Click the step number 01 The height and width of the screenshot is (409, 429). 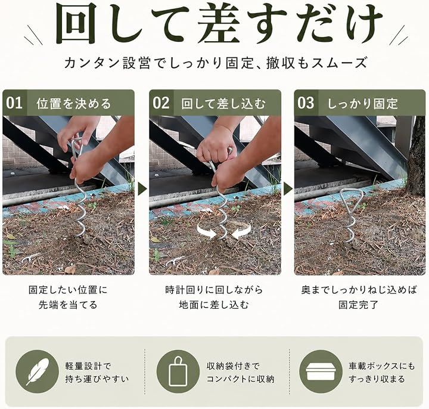point(14,103)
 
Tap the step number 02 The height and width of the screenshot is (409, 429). point(161,103)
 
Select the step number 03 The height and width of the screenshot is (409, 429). point(306,103)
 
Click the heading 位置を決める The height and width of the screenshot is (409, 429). point(74,104)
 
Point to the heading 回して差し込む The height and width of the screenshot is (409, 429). point(223,104)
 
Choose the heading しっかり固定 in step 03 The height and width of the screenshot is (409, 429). point(362,104)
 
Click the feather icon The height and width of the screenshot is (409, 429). point(38,372)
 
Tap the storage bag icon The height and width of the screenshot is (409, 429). point(178,372)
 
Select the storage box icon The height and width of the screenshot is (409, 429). point(321,372)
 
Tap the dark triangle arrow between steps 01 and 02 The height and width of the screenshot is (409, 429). point(142,188)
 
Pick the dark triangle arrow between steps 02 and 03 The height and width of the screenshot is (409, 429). point(288,188)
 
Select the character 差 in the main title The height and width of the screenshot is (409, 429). point(219,24)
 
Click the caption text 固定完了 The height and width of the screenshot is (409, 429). point(359,305)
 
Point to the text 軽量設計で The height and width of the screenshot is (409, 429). point(88,366)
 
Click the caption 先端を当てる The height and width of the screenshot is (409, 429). point(68,305)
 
